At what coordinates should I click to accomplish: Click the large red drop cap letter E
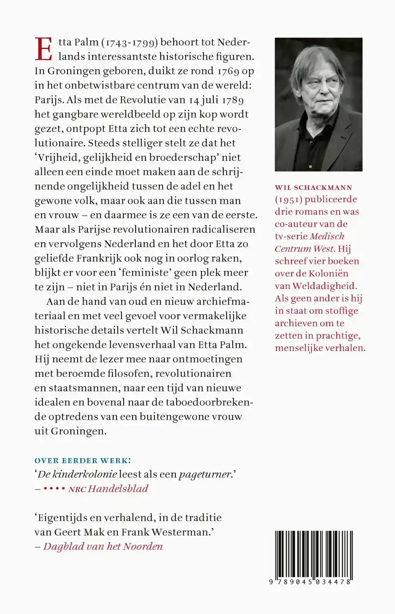point(43,49)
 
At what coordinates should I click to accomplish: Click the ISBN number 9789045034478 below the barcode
point(313,582)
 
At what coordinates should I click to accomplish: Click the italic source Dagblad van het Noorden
point(103,546)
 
